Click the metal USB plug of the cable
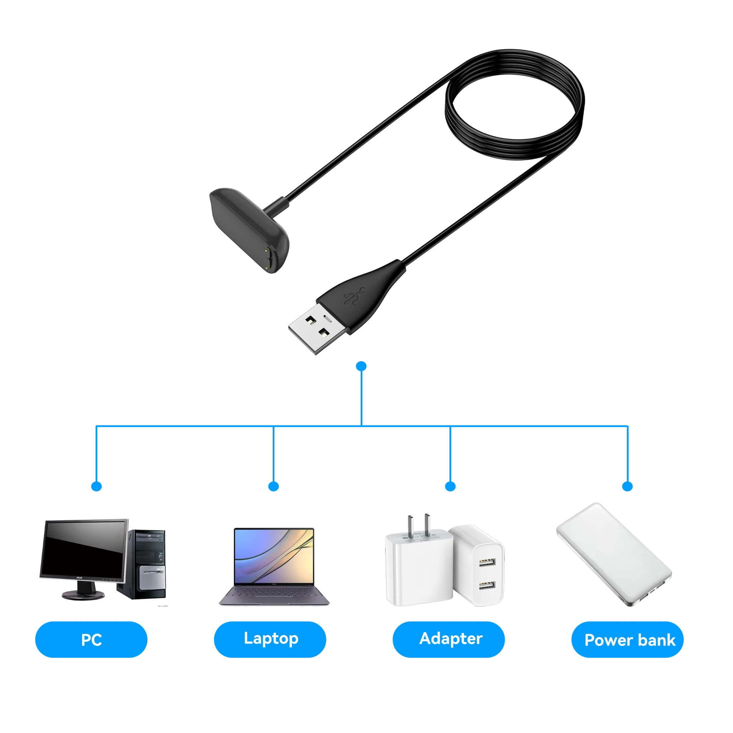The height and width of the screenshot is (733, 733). (x=317, y=329)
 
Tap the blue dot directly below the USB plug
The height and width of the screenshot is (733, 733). (x=361, y=366)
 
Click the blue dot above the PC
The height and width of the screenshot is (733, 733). (x=96, y=486)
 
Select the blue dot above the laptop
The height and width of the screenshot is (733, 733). (x=273, y=486)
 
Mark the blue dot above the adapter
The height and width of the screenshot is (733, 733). (x=450, y=486)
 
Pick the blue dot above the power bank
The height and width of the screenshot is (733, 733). (x=627, y=486)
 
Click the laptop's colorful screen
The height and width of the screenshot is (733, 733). (x=274, y=556)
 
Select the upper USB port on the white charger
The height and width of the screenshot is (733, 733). (x=487, y=562)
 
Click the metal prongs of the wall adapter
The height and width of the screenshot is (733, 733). (x=418, y=525)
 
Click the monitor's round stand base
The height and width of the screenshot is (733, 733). (x=83, y=595)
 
